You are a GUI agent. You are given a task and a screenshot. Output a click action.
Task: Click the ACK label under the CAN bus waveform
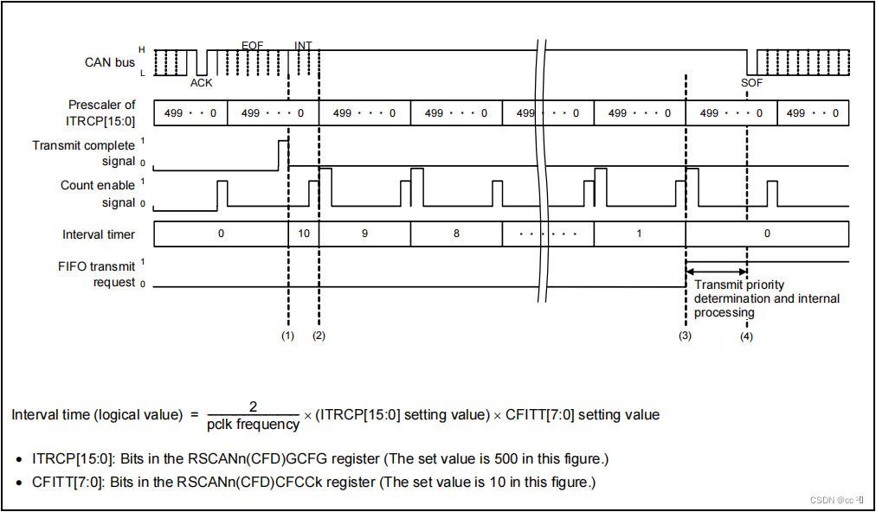click(x=201, y=82)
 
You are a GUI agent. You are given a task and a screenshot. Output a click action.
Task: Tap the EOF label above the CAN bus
click(x=252, y=44)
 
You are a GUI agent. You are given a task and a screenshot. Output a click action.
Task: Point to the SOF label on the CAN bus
click(x=752, y=82)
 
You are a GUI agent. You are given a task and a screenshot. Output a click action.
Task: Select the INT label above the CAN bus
click(x=303, y=44)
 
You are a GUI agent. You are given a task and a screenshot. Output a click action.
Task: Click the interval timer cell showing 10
click(x=304, y=234)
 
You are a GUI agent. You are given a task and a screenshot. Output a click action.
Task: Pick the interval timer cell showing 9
click(x=364, y=234)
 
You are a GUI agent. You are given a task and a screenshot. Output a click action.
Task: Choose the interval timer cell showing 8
click(x=456, y=234)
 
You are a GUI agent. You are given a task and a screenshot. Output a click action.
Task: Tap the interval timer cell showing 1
click(x=639, y=234)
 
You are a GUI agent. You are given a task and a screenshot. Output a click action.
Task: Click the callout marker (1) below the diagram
click(x=288, y=336)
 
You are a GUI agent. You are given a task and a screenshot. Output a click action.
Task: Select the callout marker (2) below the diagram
click(x=319, y=336)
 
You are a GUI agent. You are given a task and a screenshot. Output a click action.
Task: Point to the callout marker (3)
click(x=685, y=336)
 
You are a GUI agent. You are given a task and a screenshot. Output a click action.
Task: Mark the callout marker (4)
click(x=746, y=336)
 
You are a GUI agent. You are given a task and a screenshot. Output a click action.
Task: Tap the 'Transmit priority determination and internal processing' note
click(x=766, y=298)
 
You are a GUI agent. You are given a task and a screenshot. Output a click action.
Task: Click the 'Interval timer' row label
click(x=99, y=234)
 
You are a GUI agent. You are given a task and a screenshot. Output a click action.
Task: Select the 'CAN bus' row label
click(x=110, y=62)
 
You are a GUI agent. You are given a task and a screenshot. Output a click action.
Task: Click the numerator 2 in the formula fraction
click(x=254, y=406)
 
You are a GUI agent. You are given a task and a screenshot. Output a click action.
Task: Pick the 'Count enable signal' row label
click(x=97, y=194)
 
